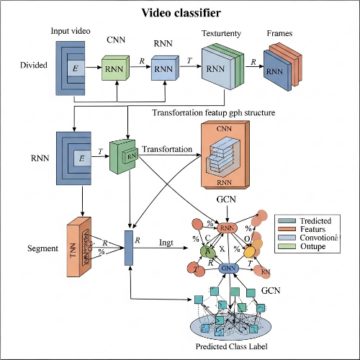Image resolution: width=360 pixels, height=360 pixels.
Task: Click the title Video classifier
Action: pos(180,12)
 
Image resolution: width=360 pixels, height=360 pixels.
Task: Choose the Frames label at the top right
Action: pos(279,33)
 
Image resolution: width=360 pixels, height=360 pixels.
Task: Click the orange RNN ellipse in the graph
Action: pos(228,229)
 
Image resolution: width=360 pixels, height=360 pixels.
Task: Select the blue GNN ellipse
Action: pos(229,268)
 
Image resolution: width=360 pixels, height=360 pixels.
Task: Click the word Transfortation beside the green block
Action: pos(167,149)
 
